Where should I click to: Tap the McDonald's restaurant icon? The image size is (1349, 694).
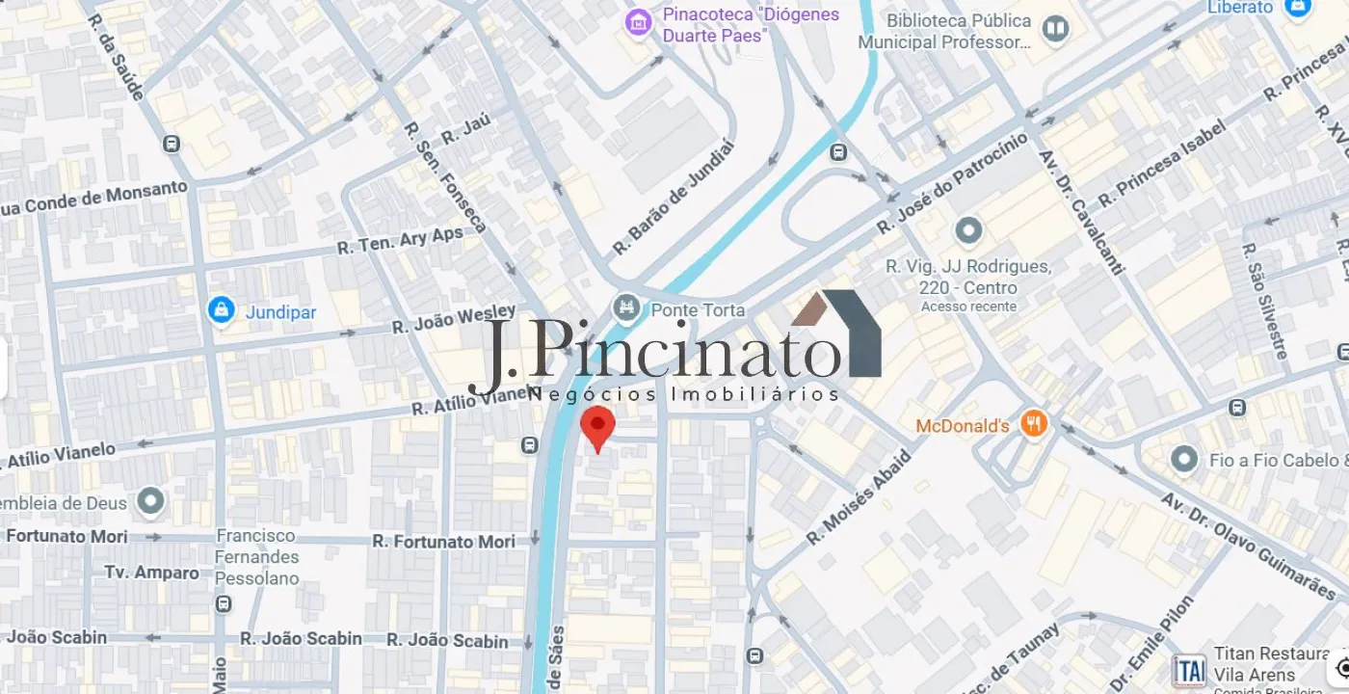click(x=1034, y=424)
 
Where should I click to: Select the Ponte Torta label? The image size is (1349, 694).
click(x=698, y=309)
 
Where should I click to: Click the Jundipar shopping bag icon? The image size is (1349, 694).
click(x=222, y=310)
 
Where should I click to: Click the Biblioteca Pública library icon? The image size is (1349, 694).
click(x=1056, y=28)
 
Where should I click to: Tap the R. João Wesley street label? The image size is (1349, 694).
click(x=454, y=319)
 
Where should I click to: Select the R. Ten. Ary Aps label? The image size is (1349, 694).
click(x=400, y=241)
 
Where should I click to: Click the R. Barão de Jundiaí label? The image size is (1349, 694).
click(x=674, y=199)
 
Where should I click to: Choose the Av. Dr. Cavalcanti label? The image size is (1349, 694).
click(x=1080, y=211)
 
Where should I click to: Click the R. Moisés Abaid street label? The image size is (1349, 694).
click(x=858, y=498)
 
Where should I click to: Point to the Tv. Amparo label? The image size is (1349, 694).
click(x=152, y=573)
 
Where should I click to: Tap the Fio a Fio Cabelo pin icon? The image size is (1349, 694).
click(x=1184, y=460)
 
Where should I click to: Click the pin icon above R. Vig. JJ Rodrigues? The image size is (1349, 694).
click(x=967, y=231)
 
